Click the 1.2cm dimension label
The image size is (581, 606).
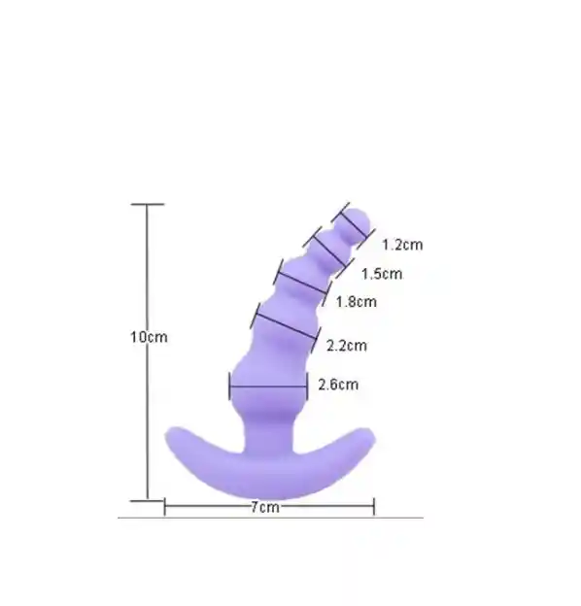tap(402, 245)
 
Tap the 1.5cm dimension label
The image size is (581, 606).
tap(382, 274)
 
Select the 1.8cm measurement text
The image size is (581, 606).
tap(356, 301)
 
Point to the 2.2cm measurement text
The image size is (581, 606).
tap(346, 346)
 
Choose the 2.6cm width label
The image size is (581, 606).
tap(338, 385)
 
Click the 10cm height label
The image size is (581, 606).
tap(149, 337)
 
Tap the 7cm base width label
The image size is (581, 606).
tap(265, 508)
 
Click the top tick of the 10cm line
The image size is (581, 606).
tap(148, 204)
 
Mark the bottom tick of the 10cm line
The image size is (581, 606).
tap(147, 501)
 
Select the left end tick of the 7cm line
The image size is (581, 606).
tap(164, 507)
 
